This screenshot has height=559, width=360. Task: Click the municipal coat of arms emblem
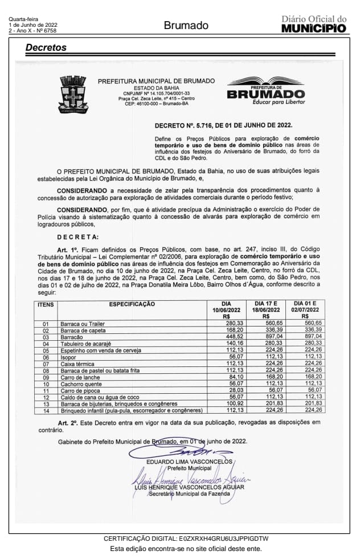(73, 95)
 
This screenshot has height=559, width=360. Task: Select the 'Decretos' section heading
(46, 48)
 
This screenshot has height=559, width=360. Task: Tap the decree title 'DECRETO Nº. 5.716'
(223, 125)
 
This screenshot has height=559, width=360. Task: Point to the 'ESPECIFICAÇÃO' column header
(132, 304)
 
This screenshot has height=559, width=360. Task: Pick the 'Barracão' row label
(71, 337)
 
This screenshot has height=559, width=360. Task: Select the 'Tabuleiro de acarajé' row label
(85, 344)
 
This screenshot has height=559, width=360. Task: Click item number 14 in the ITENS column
(46, 410)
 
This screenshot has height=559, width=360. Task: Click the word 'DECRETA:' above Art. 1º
(77, 237)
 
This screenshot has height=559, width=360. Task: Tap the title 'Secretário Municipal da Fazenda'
(190, 493)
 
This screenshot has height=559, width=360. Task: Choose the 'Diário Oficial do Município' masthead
(314, 24)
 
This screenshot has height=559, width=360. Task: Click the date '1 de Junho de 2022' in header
(32, 25)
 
